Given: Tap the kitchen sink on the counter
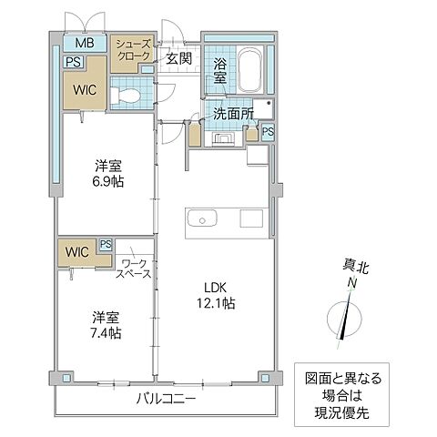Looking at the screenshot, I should coord(199,218).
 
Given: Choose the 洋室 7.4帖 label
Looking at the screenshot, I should coord(107,324).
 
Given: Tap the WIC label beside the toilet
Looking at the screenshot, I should coord(85,89).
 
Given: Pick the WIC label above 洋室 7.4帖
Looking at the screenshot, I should coord(76,252).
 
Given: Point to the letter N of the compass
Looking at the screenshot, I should coord(350,282).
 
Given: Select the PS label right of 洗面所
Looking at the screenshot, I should coord(267,132).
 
